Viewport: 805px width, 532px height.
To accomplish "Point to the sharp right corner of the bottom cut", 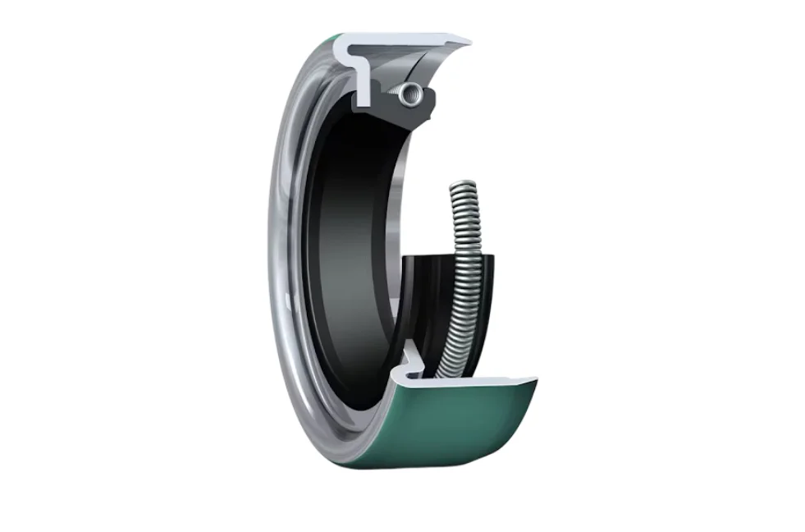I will pos(535,379).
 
